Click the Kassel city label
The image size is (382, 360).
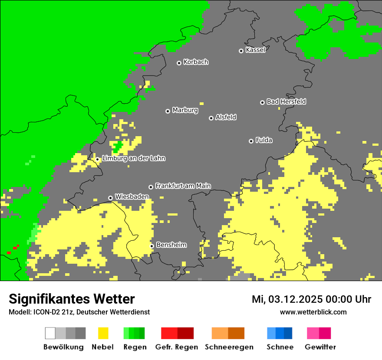[x=255, y=50]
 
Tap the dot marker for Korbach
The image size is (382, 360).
[x=179, y=63]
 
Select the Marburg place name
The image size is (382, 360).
[x=185, y=110]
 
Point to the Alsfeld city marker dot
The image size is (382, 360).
[x=211, y=118]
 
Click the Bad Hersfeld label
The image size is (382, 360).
[x=286, y=101]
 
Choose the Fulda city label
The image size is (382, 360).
[x=263, y=140]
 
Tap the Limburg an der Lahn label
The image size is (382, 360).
[x=133, y=158]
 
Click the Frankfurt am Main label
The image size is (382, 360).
[x=183, y=186]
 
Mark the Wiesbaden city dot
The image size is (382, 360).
[x=111, y=198]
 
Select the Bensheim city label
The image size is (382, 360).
[x=171, y=245]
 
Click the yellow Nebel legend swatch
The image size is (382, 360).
[x=103, y=333]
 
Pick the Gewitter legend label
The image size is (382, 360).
[x=320, y=347]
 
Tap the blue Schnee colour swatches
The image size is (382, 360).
[x=280, y=333]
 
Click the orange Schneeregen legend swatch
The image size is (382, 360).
[x=228, y=333]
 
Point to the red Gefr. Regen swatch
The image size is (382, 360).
[x=177, y=333]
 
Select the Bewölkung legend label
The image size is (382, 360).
[x=63, y=347]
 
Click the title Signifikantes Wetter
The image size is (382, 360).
[x=72, y=299]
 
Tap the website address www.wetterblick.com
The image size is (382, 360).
[x=313, y=312]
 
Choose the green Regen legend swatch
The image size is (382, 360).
[x=134, y=333]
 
